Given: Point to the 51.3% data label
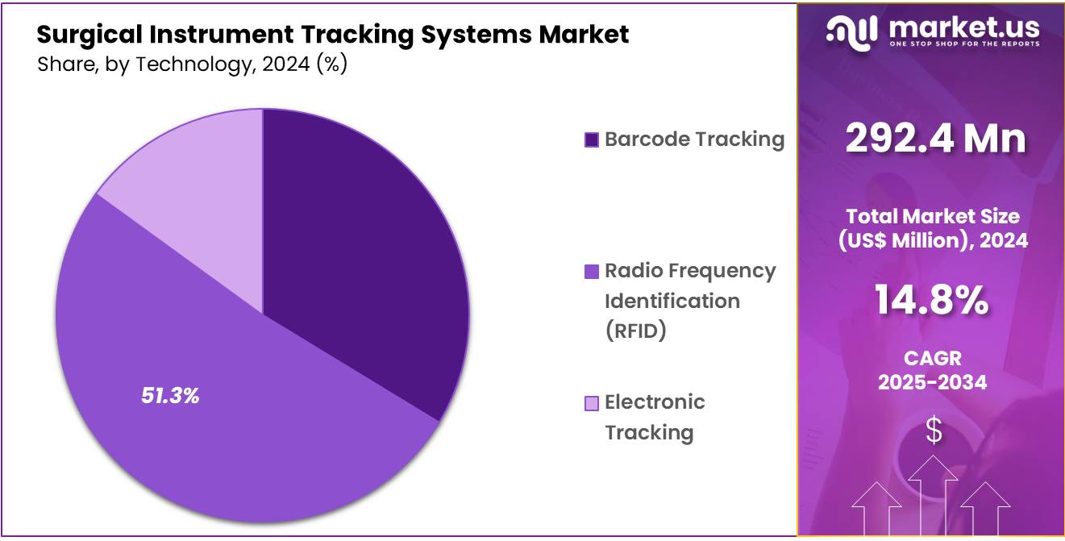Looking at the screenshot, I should click(x=170, y=396).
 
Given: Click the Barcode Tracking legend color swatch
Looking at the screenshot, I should click(x=591, y=140).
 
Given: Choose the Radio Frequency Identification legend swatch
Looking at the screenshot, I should click(x=591, y=272).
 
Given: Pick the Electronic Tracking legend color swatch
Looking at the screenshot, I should click(x=591, y=403).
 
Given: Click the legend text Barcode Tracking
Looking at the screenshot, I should click(x=694, y=139).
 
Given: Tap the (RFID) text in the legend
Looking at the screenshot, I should click(x=635, y=331).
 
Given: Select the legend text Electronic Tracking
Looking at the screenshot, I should click(x=655, y=417).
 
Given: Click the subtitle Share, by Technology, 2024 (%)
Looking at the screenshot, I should click(x=192, y=65).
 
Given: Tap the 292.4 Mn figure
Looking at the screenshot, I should click(x=935, y=139).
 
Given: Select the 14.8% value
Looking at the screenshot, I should click(x=932, y=301).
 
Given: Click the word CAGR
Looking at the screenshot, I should click(x=932, y=358).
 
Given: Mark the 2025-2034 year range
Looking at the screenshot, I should click(x=932, y=382).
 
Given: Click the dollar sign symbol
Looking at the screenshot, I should click(x=933, y=431).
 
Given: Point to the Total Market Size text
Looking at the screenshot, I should click(x=932, y=216).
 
